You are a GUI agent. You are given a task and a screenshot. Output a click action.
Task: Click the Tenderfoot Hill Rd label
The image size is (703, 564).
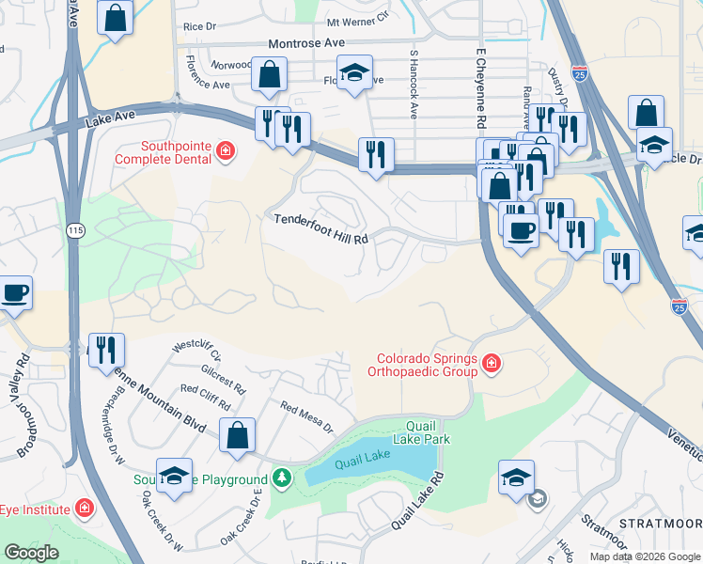pos(320,229)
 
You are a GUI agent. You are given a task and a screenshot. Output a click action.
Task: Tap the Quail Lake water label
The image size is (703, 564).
pos(363,458)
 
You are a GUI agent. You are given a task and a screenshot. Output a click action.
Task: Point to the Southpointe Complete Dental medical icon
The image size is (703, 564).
pos(226,151)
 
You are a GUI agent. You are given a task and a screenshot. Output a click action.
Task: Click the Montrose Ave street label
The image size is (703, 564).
pos(306,43)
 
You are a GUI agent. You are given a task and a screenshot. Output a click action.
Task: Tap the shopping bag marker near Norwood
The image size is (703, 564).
pos(270,76)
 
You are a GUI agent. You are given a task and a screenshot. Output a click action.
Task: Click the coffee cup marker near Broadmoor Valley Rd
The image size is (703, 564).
pos(14,292)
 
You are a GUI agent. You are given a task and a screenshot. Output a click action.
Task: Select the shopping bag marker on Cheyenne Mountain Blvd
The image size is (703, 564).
pos(238,435)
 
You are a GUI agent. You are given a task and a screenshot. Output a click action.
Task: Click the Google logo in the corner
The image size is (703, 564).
pos(31,553)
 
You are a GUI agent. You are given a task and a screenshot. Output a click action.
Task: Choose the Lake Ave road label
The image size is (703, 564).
pos(111,119)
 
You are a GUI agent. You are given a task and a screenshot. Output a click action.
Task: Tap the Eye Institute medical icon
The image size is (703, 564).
pos(84,509)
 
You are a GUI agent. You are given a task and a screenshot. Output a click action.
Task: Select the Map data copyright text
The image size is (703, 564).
pos(646,556)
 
